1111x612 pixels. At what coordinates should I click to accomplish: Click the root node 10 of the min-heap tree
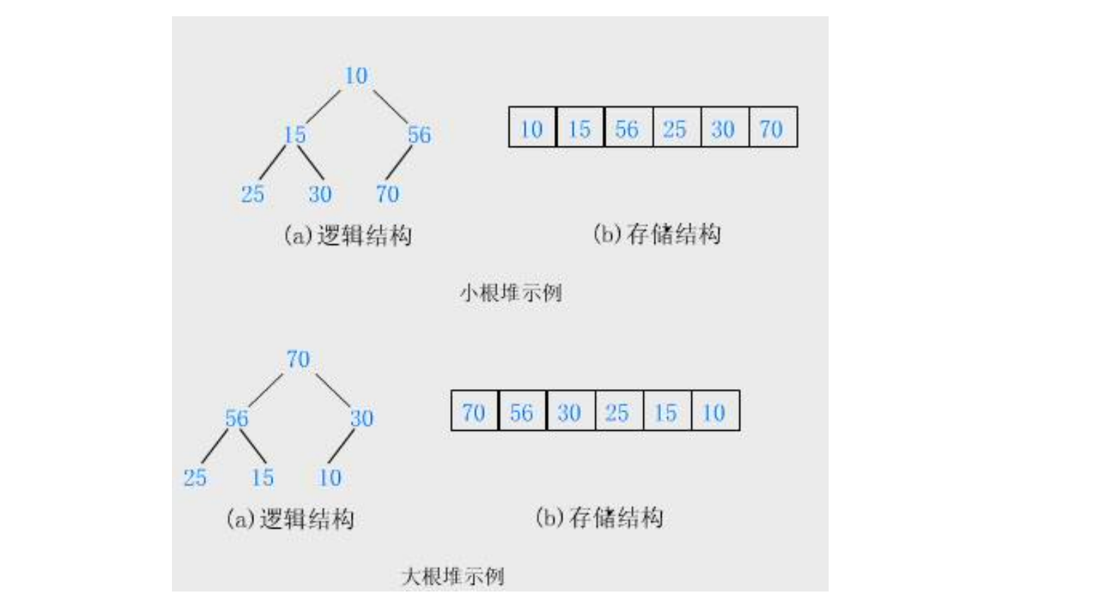pyautogui.click(x=356, y=76)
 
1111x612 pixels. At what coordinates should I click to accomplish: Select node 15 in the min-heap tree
pyautogui.click(x=294, y=134)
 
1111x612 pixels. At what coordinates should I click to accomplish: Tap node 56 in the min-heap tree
pyautogui.click(x=419, y=134)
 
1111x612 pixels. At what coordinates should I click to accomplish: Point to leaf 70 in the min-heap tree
pyautogui.click(x=387, y=194)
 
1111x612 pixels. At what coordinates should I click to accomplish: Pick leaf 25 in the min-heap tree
pyautogui.click(x=253, y=194)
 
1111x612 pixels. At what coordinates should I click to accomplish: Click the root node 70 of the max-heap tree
pyautogui.click(x=298, y=359)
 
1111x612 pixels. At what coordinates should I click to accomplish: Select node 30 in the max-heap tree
pyautogui.click(x=362, y=418)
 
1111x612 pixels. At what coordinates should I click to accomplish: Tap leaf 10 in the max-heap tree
pyautogui.click(x=330, y=478)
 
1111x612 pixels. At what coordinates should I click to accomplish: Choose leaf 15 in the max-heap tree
pyautogui.click(x=262, y=478)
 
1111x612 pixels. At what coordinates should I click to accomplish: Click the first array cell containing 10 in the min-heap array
pyautogui.click(x=532, y=128)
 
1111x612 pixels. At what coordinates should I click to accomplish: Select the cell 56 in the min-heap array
pyautogui.click(x=628, y=128)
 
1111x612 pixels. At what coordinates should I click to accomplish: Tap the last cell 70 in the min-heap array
pyautogui.click(x=772, y=128)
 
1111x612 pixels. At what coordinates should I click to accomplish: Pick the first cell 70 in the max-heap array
pyautogui.click(x=474, y=412)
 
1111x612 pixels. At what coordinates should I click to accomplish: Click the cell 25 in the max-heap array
pyautogui.click(x=618, y=412)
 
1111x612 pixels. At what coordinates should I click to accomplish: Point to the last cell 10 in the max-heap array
pyautogui.click(x=715, y=412)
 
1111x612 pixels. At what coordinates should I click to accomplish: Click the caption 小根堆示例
pyautogui.click(x=511, y=292)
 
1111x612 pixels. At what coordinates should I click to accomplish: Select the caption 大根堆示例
pyautogui.click(x=453, y=576)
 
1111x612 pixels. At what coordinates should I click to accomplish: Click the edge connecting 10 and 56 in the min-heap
pyautogui.click(x=391, y=106)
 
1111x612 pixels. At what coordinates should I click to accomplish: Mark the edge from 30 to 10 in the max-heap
pyautogui.click(x=341, y=446)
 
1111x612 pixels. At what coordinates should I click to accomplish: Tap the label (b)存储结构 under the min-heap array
pyautogui.click(x=657, y=233)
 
